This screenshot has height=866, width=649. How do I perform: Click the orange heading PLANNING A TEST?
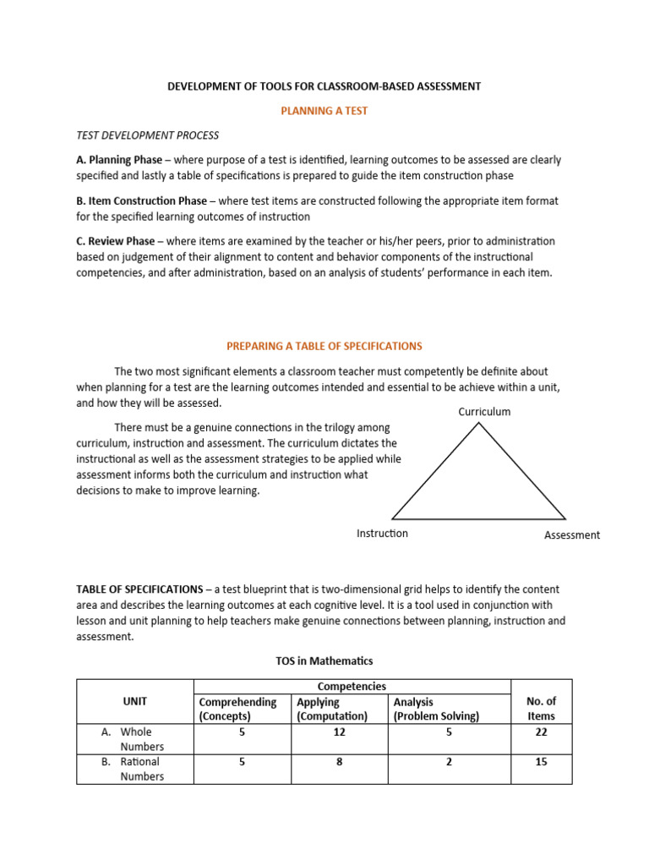tap(324, 111)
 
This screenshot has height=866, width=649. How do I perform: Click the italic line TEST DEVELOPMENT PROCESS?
tap(148, 135)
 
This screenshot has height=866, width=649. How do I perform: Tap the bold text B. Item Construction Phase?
tap(141, 201)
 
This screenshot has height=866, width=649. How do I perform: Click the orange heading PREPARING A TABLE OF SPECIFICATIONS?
tap(324, 346)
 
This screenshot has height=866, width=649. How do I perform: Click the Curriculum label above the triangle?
tap(484, 412)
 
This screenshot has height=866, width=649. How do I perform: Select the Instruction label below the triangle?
tap(382, 534)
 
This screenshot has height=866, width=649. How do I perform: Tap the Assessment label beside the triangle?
tap(572, 535)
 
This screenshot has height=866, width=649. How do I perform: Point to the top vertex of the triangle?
tap(479, 423)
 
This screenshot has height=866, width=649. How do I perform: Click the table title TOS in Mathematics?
tap(324, 660)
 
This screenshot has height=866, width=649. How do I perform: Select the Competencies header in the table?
tap(352, 687)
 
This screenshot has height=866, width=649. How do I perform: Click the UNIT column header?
tap(134, 701)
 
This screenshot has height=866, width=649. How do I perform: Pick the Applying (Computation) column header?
tap(332, 709)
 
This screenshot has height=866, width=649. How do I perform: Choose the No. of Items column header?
tap(541, 709)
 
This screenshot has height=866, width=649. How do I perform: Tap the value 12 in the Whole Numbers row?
tap(339, 732)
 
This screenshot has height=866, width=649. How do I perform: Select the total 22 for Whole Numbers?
tap(541, 732)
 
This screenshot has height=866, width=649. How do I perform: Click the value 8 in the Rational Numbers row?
tap(339, 762)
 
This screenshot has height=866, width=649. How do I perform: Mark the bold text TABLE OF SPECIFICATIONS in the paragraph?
tap(139, 589)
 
